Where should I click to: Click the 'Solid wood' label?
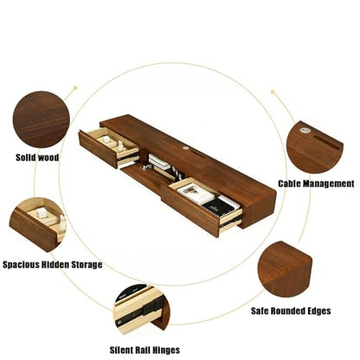37,157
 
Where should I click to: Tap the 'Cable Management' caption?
316,183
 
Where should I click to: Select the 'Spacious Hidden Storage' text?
53,265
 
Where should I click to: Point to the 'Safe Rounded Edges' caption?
291,311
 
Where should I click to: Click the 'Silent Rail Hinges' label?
145,350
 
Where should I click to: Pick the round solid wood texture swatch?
42,119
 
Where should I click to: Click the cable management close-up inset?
315,147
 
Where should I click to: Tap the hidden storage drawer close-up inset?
38,224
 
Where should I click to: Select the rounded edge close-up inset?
285,269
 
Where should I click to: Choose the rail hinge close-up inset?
142,309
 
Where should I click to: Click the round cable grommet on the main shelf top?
184,148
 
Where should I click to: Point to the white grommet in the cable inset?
304,130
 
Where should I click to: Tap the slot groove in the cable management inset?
327,142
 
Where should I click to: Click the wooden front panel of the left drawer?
99,149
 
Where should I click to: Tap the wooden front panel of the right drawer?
190,211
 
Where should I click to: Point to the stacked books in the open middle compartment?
159,162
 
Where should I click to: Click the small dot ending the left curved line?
75,87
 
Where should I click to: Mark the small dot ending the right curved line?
273,92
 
